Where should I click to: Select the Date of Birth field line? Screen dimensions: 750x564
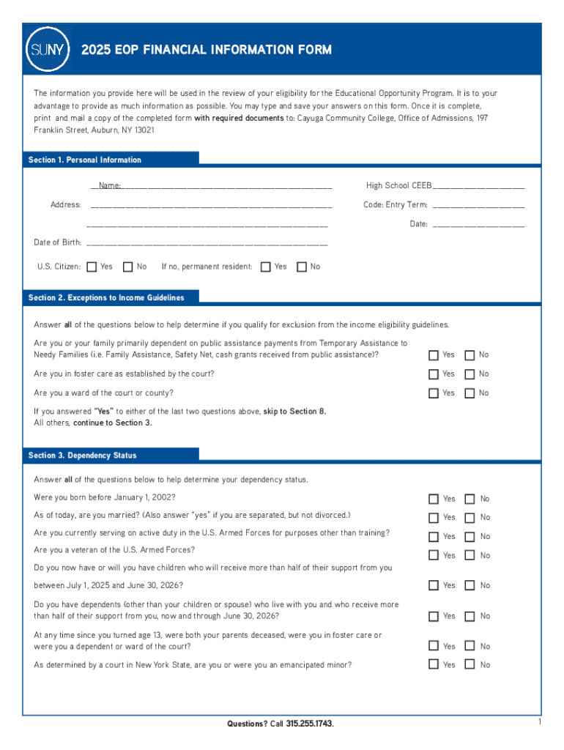(x=207, y=242)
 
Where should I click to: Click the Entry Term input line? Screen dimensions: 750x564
(x=479, y=205)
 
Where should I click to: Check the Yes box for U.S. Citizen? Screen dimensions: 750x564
(x=92, y=267)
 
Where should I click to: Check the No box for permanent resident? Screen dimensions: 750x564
(x=302, y=267)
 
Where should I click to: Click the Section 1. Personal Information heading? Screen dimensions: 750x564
(x=85, y=160)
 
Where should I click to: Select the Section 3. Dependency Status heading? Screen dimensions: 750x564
(x=83, y=456)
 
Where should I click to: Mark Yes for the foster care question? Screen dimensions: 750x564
(x=434, y=374)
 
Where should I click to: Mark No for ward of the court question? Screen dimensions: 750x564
(x=470, y=393)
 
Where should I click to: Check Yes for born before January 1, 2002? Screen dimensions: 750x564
(x=434, y=499)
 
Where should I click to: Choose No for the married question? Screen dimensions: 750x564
(x=470, y=517)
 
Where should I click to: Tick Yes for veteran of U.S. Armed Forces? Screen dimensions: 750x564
(x=434, y=555)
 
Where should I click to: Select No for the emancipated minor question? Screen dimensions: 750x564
(x=470, y=665)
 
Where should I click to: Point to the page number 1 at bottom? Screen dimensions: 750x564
(x=538, y=723)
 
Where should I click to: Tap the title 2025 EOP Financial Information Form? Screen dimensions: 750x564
(x=207, y=50)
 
